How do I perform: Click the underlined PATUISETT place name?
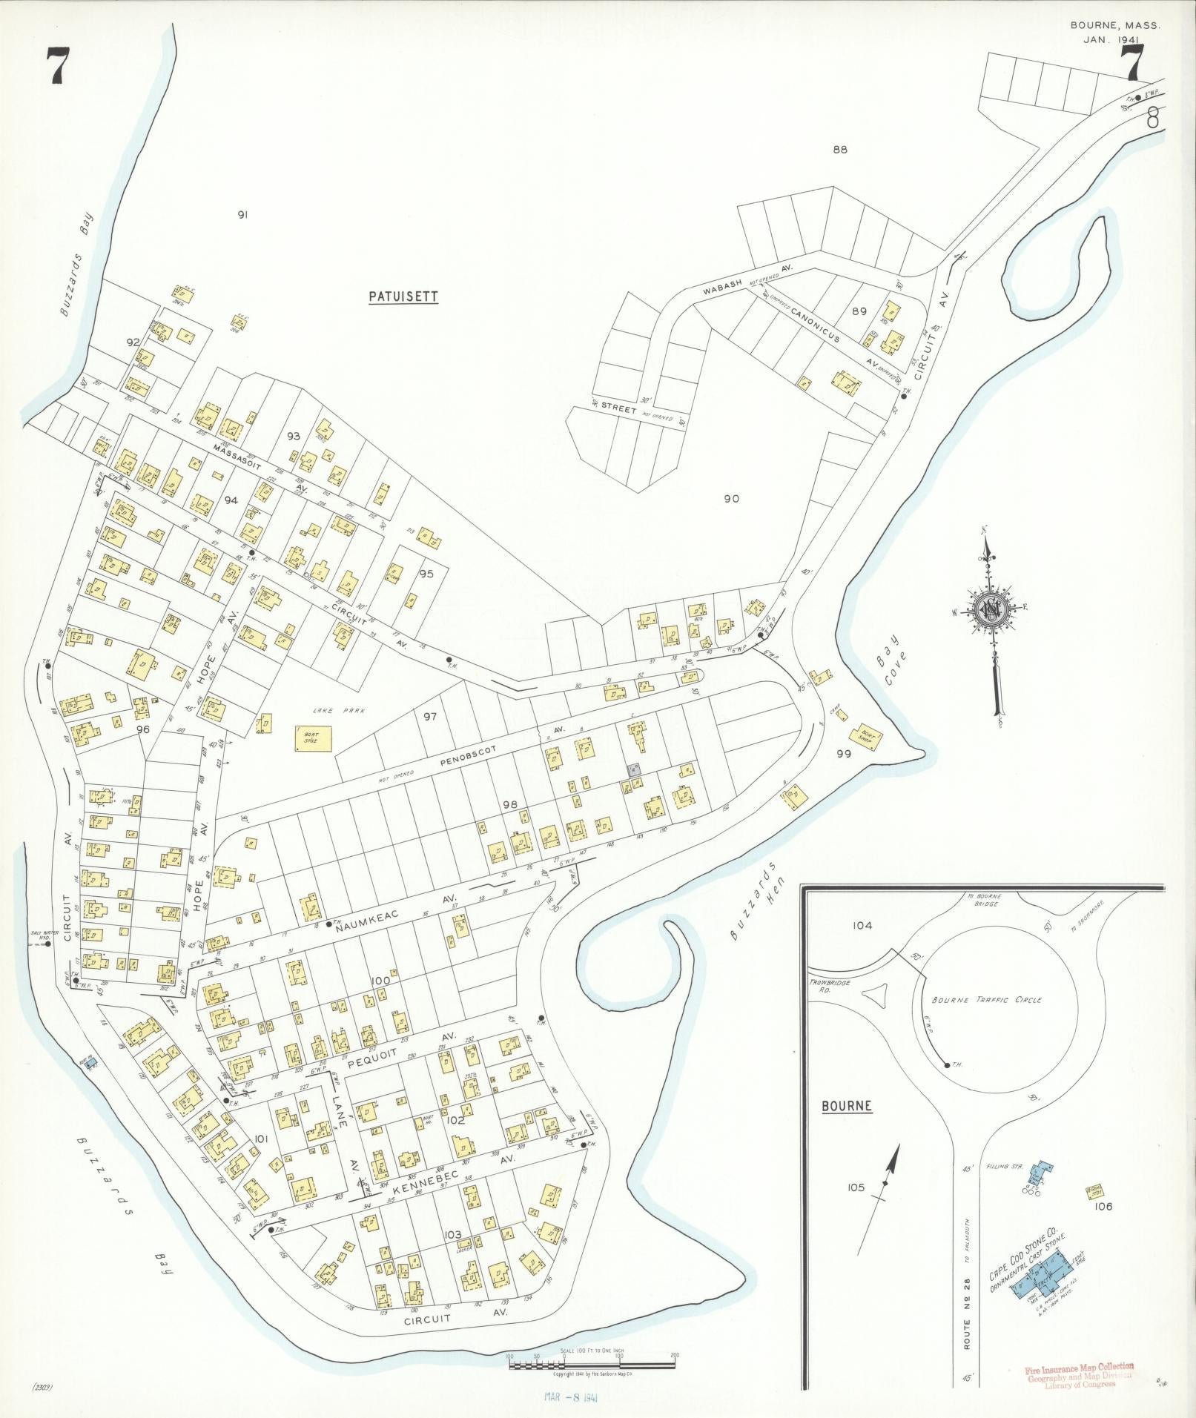(x=403, y=296)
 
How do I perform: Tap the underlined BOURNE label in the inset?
(x=846, y=1127)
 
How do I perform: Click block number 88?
(x=839, y=150)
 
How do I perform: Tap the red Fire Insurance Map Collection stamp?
(x=1079, y=1371)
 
